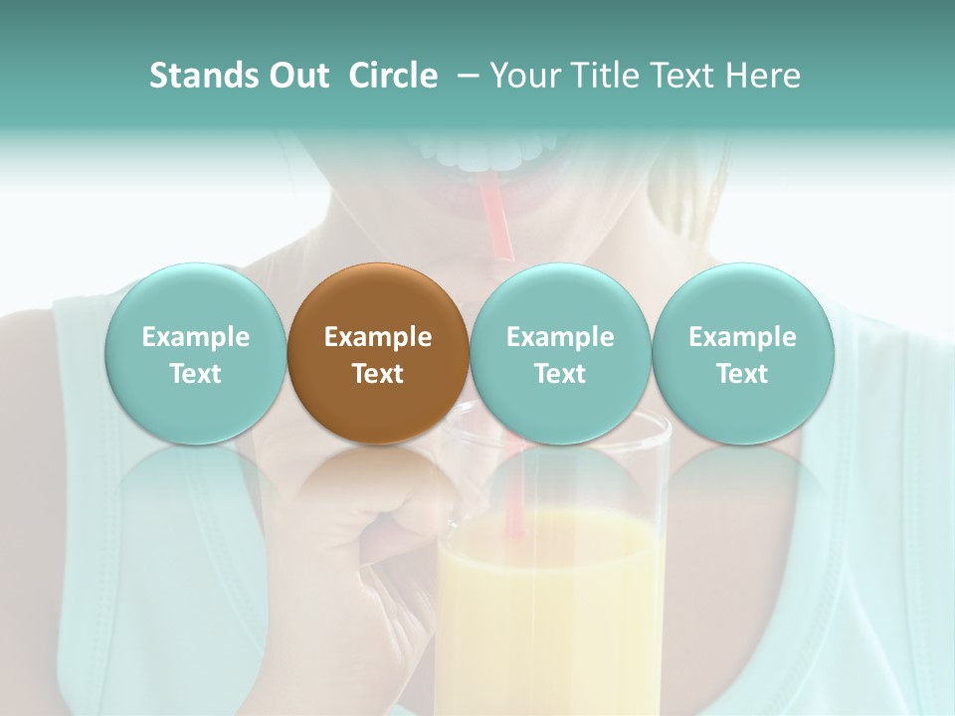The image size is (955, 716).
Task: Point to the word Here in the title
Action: point(765,76)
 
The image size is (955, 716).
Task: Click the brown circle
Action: point(377,353)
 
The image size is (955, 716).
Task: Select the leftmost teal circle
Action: point(195,353)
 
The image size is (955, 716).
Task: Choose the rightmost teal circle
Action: point(742,353)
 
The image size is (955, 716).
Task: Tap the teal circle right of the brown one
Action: point(560,353)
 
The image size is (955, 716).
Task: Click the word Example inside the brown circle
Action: point(377,337)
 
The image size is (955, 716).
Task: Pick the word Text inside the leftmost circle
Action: point(195,374)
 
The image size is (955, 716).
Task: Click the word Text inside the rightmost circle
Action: point(742,374)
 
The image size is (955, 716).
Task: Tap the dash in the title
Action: point(464,76)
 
